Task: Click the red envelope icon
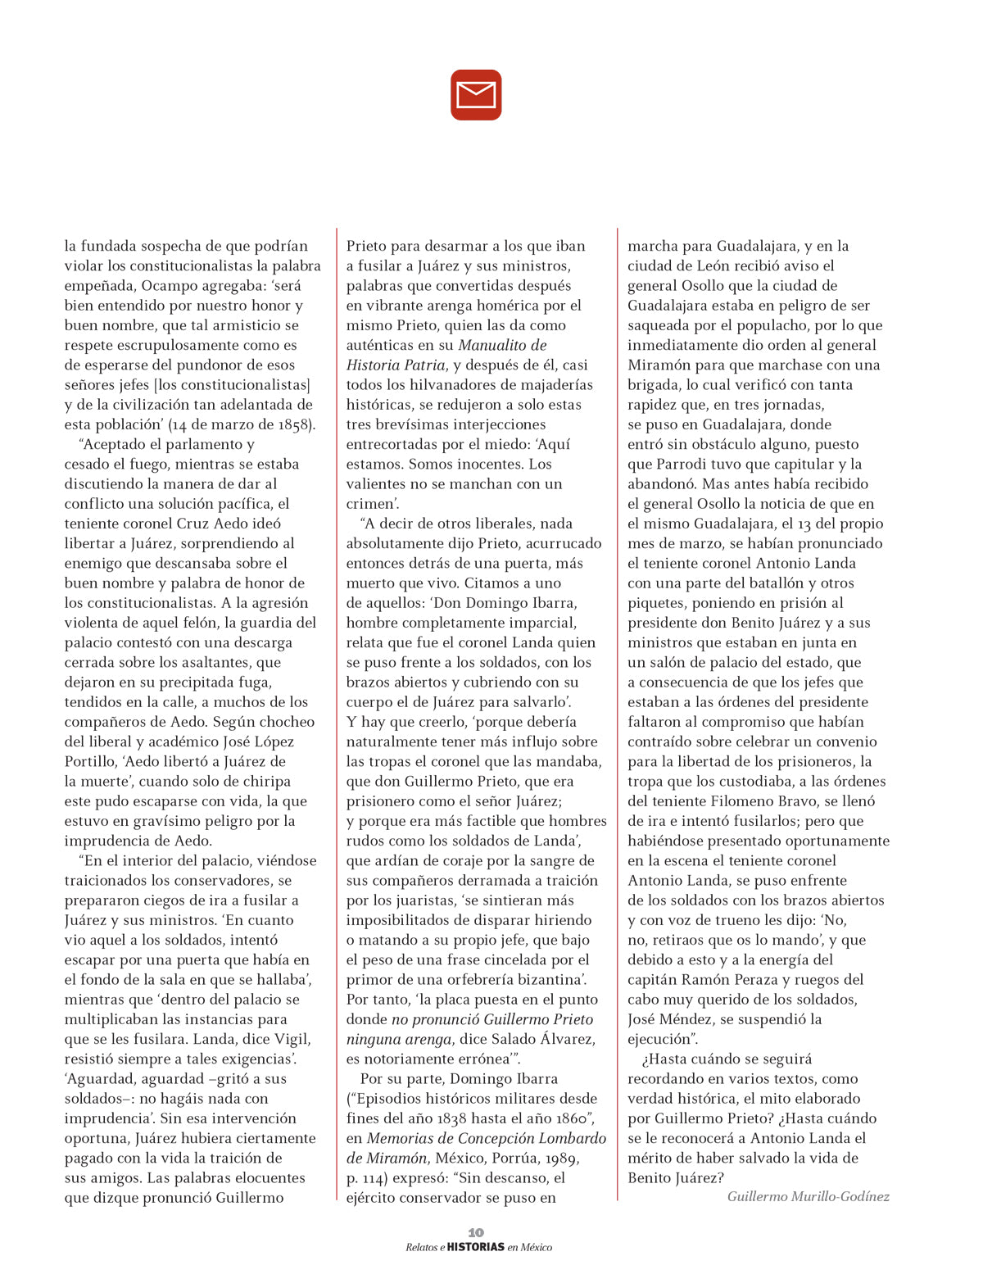(476, 95)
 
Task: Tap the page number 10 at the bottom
(476, 1232)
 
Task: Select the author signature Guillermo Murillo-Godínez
(808, 1196)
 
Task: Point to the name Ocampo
(169, 286)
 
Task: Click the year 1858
(294, 424)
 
